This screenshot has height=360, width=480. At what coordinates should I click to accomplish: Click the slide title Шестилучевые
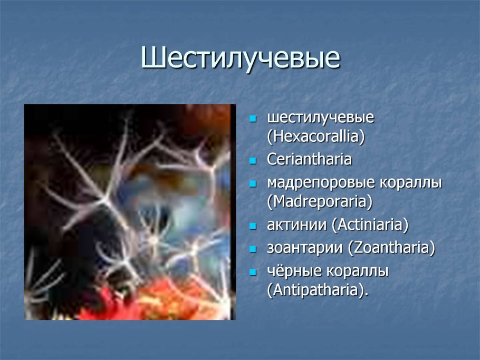pyautogui.click(x=240, y=58)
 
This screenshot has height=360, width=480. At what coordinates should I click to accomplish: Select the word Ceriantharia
pyautogui.click(x=309, y=159)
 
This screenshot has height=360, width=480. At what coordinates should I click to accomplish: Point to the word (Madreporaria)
pyautogui.click(x=320, y=201)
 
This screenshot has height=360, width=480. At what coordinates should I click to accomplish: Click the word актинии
pyautogui.click(x=297, y=225)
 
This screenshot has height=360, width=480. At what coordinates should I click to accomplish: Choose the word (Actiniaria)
pyautogui.click(x=370, y=225)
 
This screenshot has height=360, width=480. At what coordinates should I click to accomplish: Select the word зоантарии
pyautogui.click(x=305, y=248)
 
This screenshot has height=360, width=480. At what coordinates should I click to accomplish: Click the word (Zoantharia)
pyautogui.click(x=391, y=248)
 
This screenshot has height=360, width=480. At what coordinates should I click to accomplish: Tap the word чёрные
pyautogui.click(x=291, y=271)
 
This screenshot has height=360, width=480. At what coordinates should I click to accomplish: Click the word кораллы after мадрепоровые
pyautogui.click(x=410, y=183)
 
